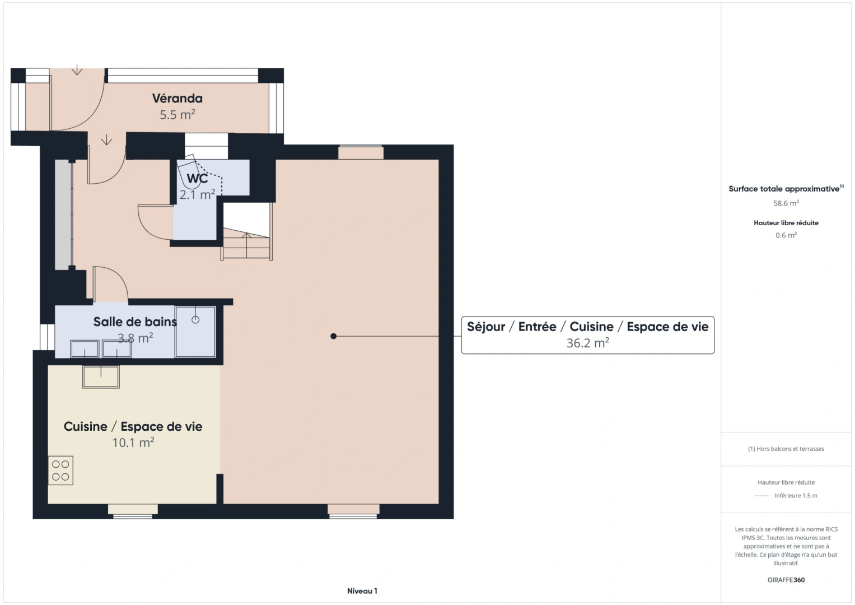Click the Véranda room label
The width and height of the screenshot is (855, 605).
coord(177,99)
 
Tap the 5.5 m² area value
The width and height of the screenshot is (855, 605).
coord(177,115)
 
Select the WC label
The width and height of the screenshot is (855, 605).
coord(197,179)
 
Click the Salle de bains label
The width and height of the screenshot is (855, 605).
coord(134,322)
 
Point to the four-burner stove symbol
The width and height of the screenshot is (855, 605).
coord(60,471)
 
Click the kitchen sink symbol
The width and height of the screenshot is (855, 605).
coord(101,377)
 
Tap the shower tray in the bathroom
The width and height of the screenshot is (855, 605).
coord(195,332)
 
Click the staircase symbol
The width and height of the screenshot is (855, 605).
coord(246,244)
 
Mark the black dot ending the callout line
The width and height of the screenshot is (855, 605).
coord(334,336)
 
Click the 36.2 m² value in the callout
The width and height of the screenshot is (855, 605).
coord(587,343)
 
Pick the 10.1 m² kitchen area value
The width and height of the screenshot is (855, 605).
coord(133,443)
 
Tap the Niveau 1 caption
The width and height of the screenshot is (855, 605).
coord(362,591)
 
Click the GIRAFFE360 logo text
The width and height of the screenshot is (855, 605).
coord(786,580)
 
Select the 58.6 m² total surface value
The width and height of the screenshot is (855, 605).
coord(786,203)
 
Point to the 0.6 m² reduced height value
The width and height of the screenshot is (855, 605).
coord(786,235)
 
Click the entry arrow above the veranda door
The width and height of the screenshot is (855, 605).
coord(77,70)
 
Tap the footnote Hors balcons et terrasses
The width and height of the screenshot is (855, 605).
coord(786,449)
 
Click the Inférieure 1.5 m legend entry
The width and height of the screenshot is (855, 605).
coord(795,496)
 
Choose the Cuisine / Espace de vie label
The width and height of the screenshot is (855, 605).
coord(133,427)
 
